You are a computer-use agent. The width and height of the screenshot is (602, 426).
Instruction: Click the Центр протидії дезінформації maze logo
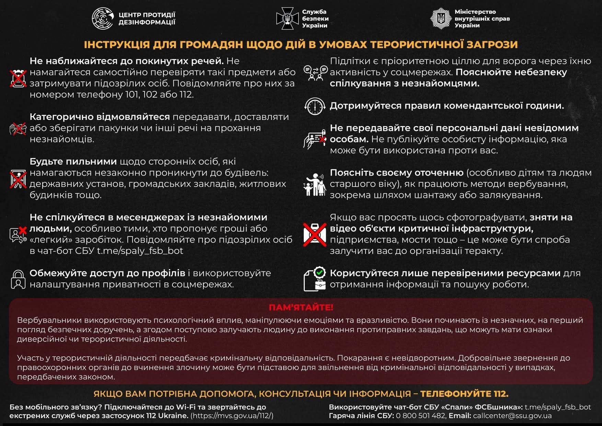102,18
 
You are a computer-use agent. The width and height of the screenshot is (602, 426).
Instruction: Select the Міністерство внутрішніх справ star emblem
440,18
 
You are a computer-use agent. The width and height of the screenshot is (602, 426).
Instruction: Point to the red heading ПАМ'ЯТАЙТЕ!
301,307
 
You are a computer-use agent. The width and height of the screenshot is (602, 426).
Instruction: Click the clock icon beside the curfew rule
315,106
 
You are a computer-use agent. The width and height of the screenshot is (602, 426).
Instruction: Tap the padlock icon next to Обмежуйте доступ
18,279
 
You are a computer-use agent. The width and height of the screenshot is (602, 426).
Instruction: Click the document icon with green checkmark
315,279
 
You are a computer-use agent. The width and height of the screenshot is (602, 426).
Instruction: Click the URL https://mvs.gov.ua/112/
232,416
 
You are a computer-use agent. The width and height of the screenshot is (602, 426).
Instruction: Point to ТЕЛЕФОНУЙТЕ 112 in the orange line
464,394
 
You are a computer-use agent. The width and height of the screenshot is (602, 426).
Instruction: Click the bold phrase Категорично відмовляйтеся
100,117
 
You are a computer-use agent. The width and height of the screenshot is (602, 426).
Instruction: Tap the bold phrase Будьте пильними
73,161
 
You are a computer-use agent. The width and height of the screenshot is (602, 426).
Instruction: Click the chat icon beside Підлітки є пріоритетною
315,73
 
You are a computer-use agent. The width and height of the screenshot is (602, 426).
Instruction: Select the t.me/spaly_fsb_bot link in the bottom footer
558,407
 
